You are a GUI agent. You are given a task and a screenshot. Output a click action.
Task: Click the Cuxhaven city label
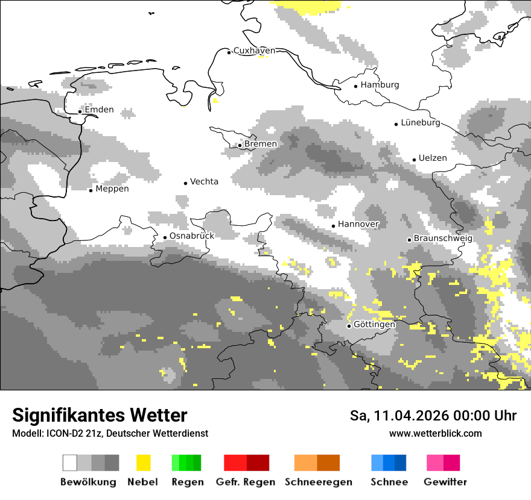click(254, 51)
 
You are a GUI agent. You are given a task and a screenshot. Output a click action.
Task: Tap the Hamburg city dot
click(356, 86)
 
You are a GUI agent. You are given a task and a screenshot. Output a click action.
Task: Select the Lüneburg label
click(421, 122)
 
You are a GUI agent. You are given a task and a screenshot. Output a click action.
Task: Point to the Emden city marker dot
click(80, 111)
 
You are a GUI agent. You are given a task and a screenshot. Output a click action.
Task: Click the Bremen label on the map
click(261, 144)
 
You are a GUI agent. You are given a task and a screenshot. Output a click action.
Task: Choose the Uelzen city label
click(433, 158)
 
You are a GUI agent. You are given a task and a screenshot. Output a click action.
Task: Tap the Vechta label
click(204, 181)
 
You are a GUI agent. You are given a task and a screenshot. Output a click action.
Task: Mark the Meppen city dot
click(91, 190)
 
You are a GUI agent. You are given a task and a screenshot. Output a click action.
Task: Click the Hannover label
click(358, 224)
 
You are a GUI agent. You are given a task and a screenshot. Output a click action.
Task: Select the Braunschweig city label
click(443, 239)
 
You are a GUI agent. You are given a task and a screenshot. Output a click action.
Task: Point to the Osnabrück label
click(192, 236)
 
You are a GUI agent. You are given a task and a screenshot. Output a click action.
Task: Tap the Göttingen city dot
click(349, 326)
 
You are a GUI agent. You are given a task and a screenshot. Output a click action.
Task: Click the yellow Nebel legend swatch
click(143, 463)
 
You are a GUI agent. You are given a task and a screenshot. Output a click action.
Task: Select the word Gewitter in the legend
click(445, 482)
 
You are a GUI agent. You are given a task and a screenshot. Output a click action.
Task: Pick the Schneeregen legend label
click(319, 482)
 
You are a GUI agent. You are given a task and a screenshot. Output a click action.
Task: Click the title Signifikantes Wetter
click(100, 416)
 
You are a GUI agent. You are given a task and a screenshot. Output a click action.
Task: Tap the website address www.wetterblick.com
click(435, 434)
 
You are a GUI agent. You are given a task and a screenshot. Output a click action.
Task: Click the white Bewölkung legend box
click(70, 463)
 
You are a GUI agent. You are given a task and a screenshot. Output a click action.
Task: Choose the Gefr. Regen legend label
click(246, 482)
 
